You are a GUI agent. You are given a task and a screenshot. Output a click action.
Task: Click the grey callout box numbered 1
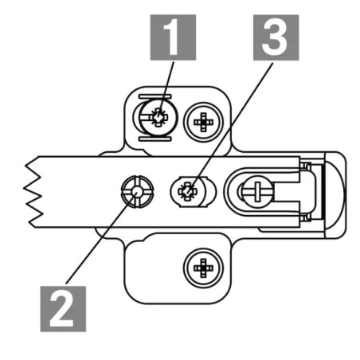tap(173, 37)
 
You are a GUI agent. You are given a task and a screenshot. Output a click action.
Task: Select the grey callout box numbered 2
tap(63, 309)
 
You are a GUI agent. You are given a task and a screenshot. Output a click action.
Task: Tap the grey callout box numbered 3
tap(276, 37)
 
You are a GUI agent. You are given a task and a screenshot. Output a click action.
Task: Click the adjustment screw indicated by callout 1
tap(158, 117)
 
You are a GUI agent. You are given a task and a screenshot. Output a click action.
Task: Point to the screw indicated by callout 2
tap(137, 191)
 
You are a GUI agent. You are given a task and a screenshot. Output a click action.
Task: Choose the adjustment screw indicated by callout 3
tap(188, 192)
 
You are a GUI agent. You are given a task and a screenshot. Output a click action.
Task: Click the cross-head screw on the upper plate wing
tap(203, 122)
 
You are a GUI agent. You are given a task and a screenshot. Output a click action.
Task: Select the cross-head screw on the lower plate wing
tap(203, 268)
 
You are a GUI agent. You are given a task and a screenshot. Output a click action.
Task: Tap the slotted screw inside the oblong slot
tap(257, 191)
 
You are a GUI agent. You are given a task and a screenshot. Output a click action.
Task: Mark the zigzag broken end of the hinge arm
tap(33, 192)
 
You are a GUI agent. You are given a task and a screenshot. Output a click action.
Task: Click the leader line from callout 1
tap(166, 89)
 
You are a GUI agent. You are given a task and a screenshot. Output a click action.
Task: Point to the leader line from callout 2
tap(102, 237)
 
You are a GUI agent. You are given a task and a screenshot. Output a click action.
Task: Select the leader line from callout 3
tap(231, 127)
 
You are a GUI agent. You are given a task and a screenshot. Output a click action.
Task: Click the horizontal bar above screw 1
tap(155, 96)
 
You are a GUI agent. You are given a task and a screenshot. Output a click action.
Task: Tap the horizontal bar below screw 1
tap(155, 139)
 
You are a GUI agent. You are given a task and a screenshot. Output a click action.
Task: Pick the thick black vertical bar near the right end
tap(323, 192)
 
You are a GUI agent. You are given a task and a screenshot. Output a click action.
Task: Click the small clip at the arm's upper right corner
tap(306, 166)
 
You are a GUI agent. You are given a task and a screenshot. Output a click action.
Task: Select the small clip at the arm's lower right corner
tap(306, 217)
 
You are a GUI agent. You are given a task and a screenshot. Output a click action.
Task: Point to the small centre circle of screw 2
tap(137, 191)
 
